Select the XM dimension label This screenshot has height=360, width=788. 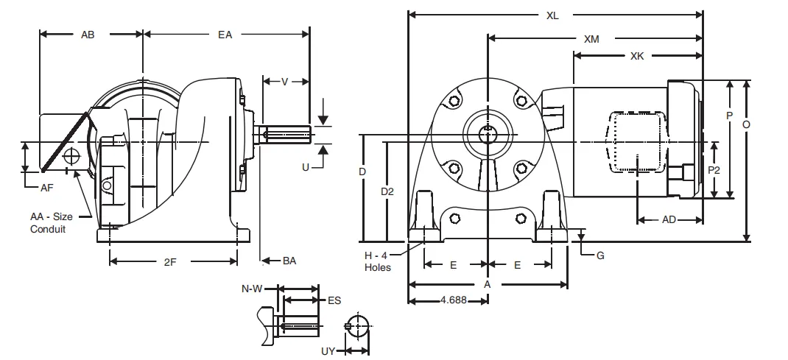click(x=591, y=38)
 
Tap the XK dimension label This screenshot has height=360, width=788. click(x=639, y=56)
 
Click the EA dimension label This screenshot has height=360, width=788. click(x=225, y=35)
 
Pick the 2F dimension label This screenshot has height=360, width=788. click(x=169, y=261)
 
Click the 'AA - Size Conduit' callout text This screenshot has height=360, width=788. click(x=52, y=223)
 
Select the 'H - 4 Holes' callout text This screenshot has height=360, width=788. click(x=378, y=261)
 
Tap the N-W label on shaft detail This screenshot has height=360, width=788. click(x=252, y=289)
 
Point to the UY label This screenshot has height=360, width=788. click(x=328, y=352)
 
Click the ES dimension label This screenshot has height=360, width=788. click(x=334, y=300)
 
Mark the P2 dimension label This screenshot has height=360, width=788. click(x=714, y=170)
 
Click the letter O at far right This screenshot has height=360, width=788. click(x=747, y=125)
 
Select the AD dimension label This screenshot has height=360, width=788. click(x=669, y=219)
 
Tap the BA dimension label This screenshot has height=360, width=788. click(x=290, y=261)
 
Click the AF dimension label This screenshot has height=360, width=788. click(x=46, y=188)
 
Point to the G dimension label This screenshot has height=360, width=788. click(x=600, y=255)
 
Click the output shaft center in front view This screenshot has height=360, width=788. click(x=487, y=133)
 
